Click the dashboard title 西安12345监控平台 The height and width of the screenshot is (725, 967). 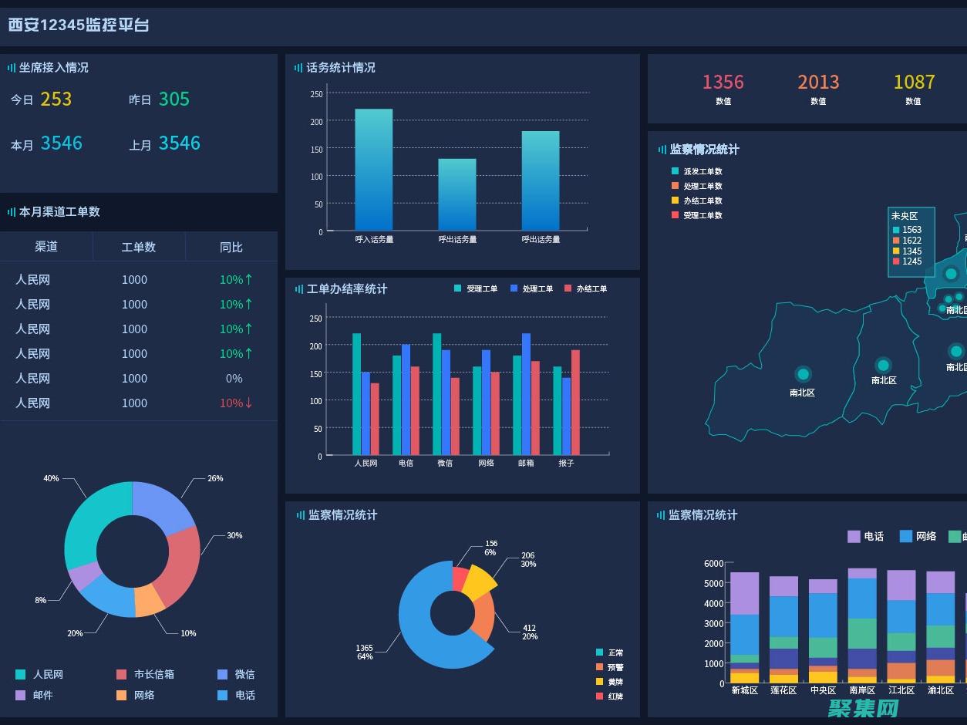coord(79,25)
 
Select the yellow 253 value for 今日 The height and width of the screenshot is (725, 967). coord(56,99)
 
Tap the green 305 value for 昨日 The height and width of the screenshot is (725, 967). coord(174,99)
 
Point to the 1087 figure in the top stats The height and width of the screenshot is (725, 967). coord(914,83)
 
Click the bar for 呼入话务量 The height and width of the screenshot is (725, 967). coord(373,170)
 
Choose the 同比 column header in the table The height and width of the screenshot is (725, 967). coord(231,248)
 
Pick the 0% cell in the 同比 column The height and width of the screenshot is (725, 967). coord(234,379)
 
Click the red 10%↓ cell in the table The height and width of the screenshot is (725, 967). coord(236,403)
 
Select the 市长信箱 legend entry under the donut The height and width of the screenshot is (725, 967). coord(153,675)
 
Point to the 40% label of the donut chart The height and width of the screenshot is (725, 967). coord(51,478)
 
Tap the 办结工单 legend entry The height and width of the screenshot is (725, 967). coord(591,289)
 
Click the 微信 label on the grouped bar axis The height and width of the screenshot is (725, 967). coord(445,464)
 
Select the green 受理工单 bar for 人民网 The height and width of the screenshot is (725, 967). coord(357,393)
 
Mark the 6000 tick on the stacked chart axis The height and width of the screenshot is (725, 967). coord(713,564)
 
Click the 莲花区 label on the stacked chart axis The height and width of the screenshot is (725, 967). coord(783,690)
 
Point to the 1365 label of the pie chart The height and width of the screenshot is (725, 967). coord(364,648)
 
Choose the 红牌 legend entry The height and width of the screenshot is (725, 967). coord(615,697)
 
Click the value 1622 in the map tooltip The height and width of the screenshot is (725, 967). coord(911,241)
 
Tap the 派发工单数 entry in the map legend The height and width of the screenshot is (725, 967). coord(703,172)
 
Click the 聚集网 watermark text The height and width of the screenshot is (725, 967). coord(864,707)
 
